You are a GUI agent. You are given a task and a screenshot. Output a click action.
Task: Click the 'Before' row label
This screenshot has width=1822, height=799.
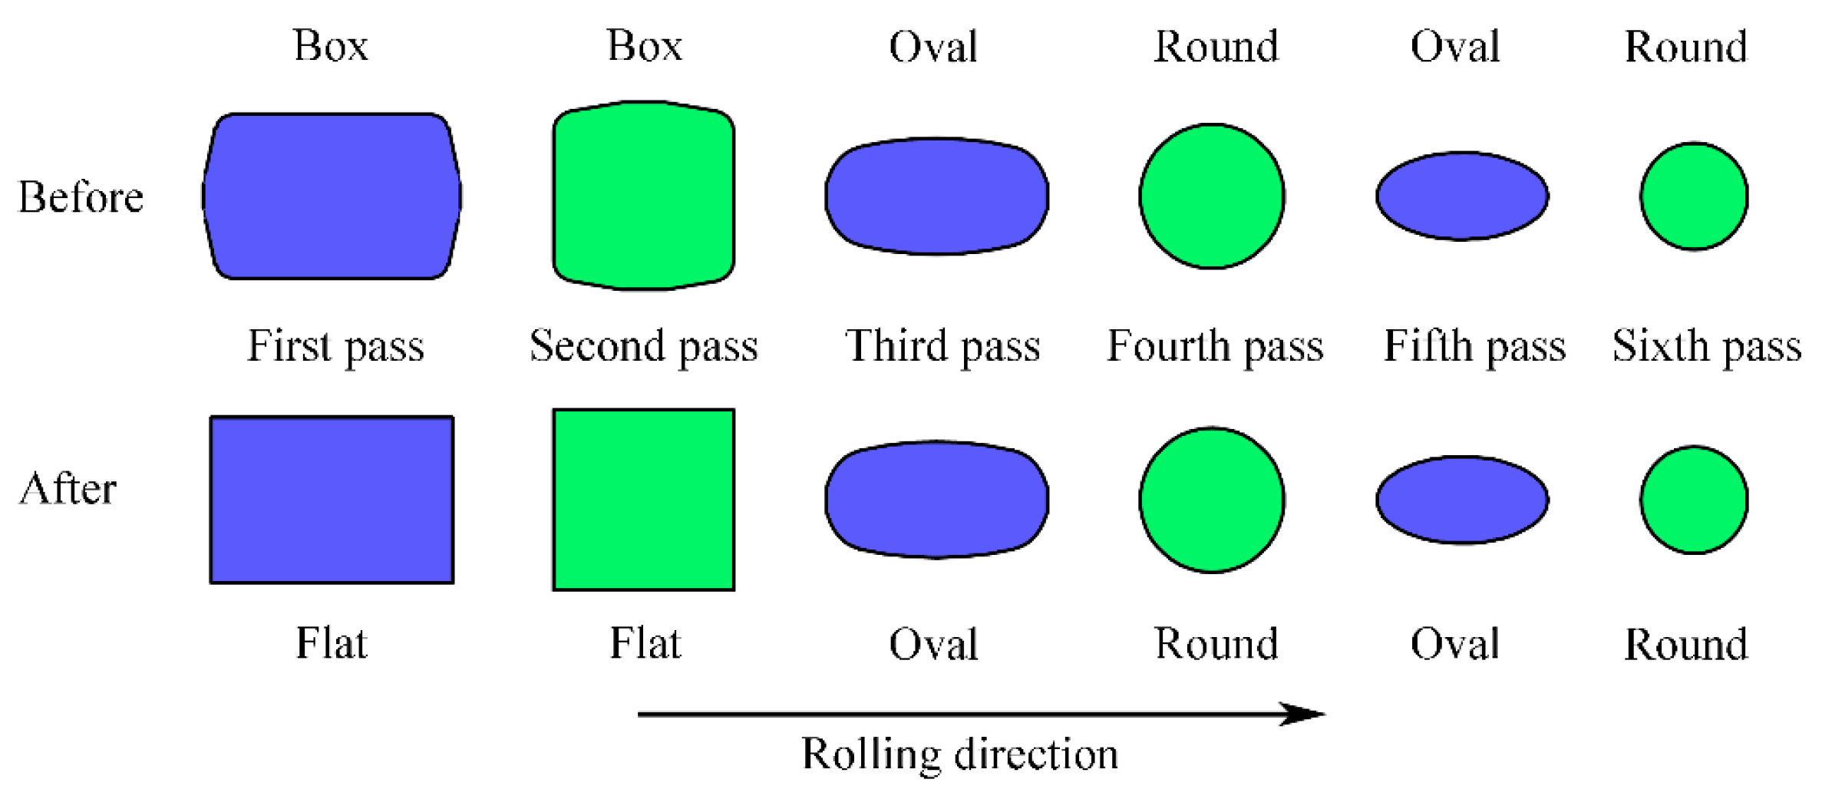81,197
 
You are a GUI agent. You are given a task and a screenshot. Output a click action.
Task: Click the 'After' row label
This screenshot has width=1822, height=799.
68,489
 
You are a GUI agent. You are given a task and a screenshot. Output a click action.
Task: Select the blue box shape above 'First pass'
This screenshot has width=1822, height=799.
332,196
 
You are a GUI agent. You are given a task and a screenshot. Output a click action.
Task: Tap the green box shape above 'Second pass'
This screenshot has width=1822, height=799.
643,196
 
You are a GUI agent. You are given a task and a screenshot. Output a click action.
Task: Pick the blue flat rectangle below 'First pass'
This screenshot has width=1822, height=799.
332,500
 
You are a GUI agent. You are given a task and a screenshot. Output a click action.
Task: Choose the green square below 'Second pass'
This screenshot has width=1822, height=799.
643,500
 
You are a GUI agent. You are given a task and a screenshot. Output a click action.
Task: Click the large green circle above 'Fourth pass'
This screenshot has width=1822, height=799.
1212,196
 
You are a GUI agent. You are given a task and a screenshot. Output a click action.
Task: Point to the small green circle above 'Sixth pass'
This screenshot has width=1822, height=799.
1694,196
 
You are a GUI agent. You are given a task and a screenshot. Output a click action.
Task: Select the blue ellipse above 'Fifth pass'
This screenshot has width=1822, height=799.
1462,196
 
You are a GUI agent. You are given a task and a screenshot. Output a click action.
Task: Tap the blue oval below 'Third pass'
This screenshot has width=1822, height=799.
936,500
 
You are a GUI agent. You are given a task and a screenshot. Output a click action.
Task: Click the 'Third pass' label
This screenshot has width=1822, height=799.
942,346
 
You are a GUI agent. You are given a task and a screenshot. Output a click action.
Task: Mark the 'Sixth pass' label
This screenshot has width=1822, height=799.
1706,346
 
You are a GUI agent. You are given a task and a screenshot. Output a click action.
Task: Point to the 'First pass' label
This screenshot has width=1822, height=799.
335,346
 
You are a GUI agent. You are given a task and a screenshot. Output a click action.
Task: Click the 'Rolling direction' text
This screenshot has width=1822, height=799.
959,754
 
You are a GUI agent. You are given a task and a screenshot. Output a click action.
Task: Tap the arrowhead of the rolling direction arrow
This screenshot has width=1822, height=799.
1305,714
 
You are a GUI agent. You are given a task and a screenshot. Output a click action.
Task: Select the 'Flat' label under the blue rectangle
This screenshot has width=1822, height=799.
332,643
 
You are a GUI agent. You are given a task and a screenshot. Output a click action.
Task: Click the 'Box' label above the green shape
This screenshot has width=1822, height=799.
644,46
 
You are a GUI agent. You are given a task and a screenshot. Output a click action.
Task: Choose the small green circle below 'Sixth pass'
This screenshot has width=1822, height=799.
1694,500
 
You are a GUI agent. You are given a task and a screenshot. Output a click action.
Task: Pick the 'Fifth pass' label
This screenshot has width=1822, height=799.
1474,346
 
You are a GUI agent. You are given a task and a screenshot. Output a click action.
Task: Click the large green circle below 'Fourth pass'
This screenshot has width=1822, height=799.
1212,500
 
